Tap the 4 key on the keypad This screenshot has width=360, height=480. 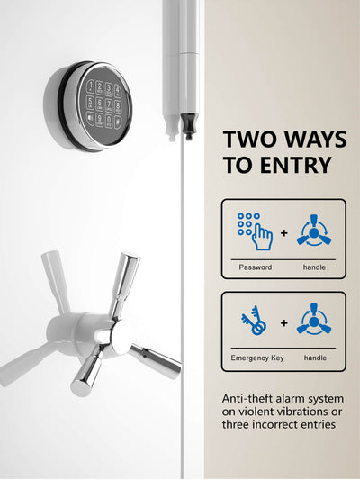tap(118, 91)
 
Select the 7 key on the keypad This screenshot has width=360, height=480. tap(109, 105)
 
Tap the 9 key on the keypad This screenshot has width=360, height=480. tap(99, 120)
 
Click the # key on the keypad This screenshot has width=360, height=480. tap(117, 122)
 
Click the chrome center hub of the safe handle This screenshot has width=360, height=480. tap(120, 336)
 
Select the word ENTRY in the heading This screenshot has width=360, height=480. tap(296, 165)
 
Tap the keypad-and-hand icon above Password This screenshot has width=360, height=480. tap(255, 231)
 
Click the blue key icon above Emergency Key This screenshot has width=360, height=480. tap(254, 321)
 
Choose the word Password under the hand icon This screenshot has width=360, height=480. tap(256, 267)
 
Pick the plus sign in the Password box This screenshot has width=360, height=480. tap(284, 233)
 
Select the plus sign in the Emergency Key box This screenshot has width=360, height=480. tap(284, 323)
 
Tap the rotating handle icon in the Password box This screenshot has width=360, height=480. tap(314, 231)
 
